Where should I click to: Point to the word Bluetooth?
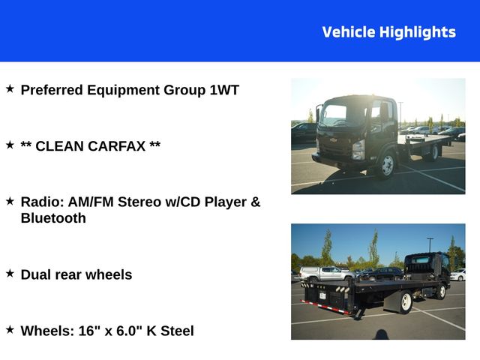(x=53, y=218)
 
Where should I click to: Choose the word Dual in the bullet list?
(x=37, y=274)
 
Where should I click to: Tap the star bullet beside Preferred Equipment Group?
(x=10, y=89)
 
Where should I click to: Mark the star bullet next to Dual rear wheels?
(x=10, y=274)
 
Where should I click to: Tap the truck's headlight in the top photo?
(x=358, y=146)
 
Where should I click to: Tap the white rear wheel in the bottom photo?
(x=406, y=301)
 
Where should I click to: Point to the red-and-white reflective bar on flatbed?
(x=324, y=307)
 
